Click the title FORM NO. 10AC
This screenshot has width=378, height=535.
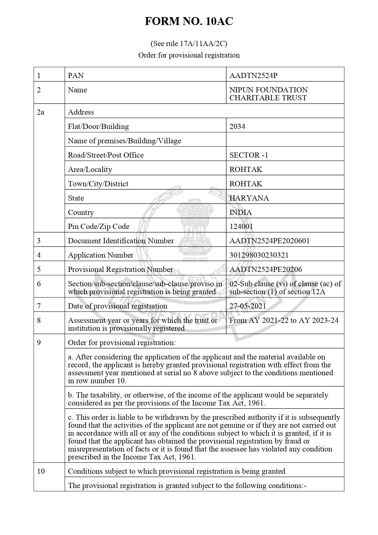[189, 21]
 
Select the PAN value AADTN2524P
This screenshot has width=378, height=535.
[253, 75]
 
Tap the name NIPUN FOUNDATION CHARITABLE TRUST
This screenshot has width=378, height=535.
[268, 94]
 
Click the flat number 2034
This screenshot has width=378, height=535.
[237, 127]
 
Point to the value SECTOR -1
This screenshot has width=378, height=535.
[249, 155]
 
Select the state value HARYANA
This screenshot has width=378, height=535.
[249, 198]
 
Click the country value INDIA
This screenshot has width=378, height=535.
[241, 212]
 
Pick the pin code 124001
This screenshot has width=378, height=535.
[241, 226]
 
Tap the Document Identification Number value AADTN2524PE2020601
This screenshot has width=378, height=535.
[269, 241]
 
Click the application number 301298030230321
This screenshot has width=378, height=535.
[259, 255]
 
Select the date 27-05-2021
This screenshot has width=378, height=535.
[248, 306]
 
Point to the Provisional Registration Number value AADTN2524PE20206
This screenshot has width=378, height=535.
[266, 269]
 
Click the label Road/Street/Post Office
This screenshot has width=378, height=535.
[106, 155]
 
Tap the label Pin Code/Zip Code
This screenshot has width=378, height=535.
[98, 226]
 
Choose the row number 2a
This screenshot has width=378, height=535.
[41, 112]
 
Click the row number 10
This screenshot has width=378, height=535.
[41, 471]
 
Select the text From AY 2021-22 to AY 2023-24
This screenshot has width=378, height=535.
[284, 320]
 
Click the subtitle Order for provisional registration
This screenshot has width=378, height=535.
[189, 55]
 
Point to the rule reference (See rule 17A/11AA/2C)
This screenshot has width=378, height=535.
[189, 44]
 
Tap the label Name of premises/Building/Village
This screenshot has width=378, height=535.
[124, 141]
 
